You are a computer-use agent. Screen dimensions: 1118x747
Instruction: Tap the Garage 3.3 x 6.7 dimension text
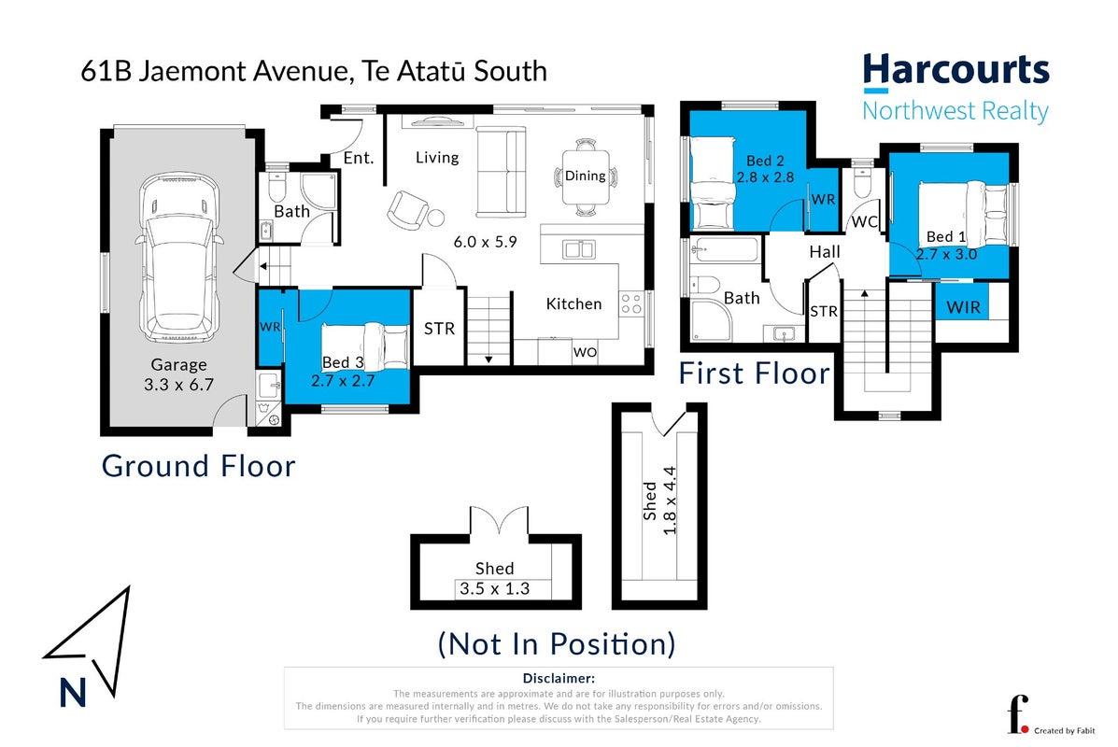pos(179,384)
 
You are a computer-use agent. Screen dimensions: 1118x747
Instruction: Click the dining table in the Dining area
pos(586,176)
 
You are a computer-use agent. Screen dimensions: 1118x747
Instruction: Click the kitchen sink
pos(579,249)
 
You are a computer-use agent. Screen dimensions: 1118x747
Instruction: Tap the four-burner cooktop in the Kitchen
pos(630,303)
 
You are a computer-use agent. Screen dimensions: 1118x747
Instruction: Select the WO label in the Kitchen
pos(585,352)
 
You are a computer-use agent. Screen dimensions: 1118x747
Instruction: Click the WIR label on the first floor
pos(963,307)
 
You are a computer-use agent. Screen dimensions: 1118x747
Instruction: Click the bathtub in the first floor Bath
pos(725,250)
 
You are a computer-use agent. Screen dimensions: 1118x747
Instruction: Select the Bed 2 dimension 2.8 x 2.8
pos(765,176)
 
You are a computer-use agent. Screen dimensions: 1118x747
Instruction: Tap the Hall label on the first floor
pos(825,251)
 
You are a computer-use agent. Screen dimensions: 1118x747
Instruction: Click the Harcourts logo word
pos(956,71)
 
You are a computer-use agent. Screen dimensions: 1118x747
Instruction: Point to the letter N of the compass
pos(73,692)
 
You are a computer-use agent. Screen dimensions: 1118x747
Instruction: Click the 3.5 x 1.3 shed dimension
pos(494,589)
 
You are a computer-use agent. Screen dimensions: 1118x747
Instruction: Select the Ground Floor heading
pos(198,466)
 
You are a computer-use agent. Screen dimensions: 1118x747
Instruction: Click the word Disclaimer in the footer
pos(559,679)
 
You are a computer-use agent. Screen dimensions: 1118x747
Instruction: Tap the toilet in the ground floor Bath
pos(276,187)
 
